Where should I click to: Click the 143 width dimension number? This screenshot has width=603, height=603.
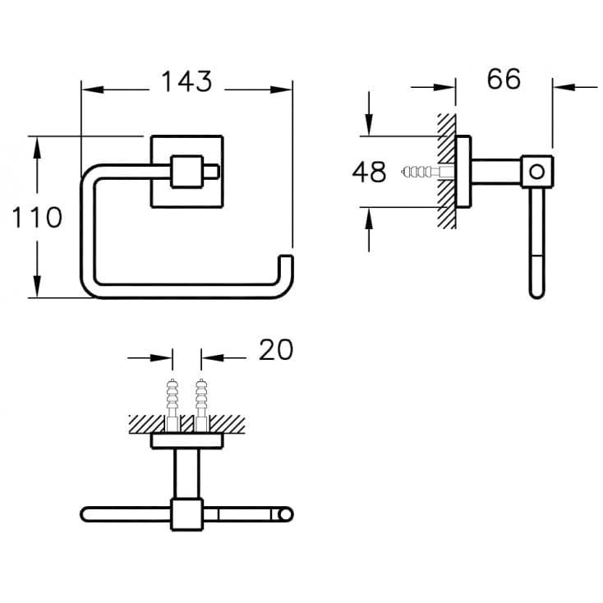tap(186, 81)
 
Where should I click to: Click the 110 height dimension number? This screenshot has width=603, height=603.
tap(37, 217)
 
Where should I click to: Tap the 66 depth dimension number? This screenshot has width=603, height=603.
tap(504, 79)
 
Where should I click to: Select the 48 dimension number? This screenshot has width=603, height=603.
tap(369, 172)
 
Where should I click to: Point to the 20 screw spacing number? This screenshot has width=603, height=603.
tap(276, 350)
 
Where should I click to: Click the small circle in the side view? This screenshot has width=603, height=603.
tap(536, 171)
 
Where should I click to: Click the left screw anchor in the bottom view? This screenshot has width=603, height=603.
tap(173, 406)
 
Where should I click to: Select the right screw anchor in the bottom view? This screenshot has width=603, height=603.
tap(201, 406)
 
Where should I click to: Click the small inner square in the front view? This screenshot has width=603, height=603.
tap(187, 172)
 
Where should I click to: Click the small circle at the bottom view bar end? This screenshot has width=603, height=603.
tap(285, 514)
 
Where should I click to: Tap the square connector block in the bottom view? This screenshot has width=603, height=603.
tap(187, 514)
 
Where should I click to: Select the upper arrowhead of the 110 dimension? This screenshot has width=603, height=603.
tap(37, 149)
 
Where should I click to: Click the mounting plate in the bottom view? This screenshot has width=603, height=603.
tap(187, 441)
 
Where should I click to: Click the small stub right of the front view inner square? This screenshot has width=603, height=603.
tap(211, 172)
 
